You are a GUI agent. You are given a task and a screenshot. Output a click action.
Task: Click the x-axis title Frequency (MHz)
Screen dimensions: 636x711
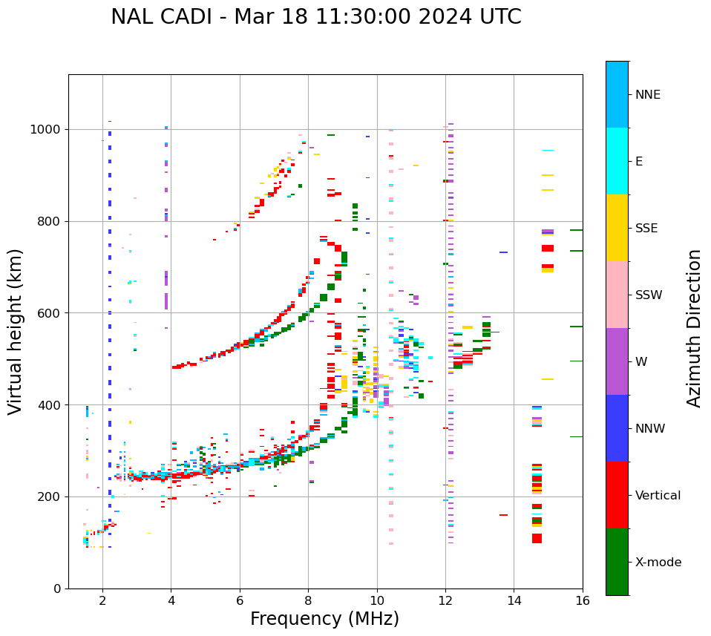coord(324,619)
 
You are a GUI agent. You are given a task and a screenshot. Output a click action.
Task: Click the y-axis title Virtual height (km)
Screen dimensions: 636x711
coord(16,332)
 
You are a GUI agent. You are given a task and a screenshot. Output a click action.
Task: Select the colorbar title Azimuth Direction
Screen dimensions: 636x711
coord(694,328)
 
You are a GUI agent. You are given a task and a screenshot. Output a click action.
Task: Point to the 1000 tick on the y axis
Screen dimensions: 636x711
coord(47,129)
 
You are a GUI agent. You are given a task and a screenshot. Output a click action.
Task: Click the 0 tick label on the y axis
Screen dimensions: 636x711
coord(58,589)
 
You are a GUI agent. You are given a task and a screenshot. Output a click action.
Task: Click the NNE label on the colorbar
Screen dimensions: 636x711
coord(648,95)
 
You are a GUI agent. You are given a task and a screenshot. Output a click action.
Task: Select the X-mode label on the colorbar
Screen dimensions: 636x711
coord(658,563)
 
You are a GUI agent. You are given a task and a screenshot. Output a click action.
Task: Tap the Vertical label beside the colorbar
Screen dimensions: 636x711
coord(658,496)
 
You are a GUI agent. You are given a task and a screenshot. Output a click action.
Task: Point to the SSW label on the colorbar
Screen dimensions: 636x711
coord(649,295)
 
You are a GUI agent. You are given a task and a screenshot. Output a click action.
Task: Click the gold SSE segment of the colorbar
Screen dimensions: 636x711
coord(617,228)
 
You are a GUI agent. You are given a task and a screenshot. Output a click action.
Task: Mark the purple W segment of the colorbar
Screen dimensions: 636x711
coord(617,361)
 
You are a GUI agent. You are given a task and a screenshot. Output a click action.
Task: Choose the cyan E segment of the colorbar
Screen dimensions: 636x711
coord(617,161)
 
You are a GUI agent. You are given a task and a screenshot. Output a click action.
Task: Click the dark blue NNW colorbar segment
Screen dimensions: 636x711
coord(617,428)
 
